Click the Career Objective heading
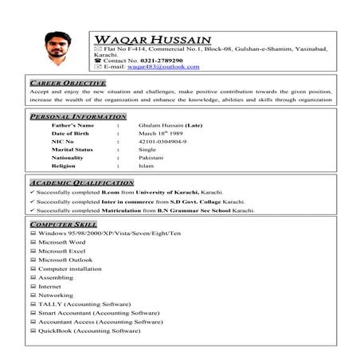(68, 83)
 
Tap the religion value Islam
(146, 166)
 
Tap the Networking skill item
(56, 295)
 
